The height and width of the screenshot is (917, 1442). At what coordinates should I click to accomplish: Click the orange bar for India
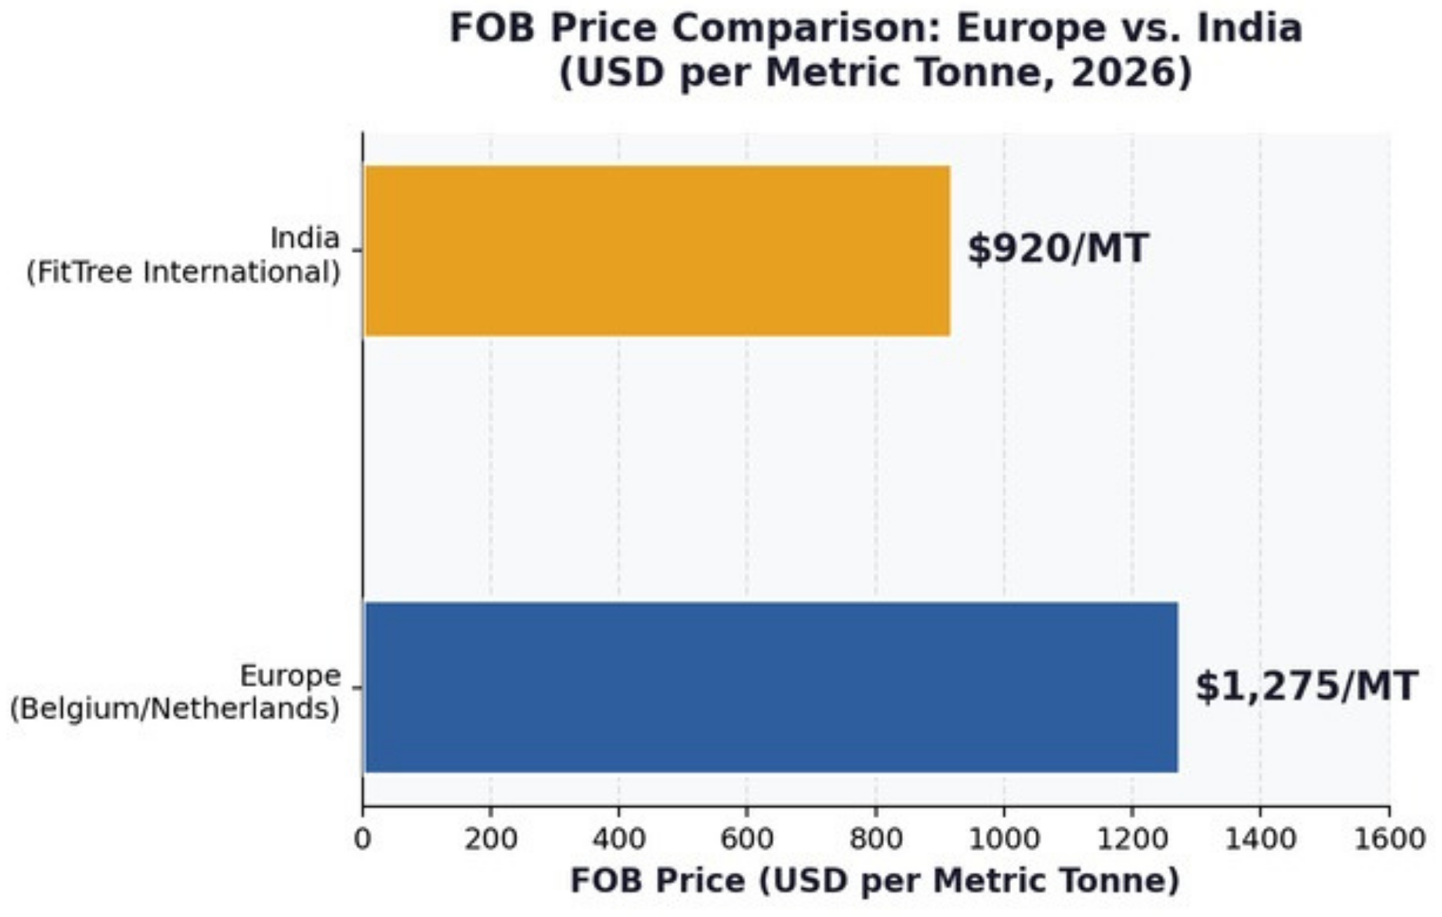[657, 251]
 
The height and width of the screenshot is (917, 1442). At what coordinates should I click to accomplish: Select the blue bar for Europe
[771, 687]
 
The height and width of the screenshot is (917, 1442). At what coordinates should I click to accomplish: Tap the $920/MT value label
[1057, 249]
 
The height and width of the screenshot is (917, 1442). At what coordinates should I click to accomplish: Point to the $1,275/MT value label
[1307, 687]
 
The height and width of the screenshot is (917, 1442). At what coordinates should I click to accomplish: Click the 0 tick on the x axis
[362, 839]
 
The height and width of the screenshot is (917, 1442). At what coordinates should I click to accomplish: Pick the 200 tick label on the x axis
[490, 839]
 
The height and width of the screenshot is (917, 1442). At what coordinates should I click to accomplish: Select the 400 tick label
[619, 839]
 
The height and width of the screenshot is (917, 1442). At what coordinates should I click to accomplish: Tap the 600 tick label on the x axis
[746, 839]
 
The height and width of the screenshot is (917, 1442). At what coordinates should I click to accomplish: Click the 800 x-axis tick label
[876, 839]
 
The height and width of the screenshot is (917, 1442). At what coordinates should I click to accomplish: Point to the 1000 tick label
[1004, 839]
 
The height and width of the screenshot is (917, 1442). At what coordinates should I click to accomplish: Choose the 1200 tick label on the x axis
[1132, 839]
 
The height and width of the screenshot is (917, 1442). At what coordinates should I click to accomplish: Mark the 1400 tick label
[1260, 839]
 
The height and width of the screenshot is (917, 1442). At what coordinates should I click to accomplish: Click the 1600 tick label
[1389, 839]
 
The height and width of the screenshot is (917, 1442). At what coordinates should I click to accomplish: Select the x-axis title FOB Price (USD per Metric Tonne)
[875, 881]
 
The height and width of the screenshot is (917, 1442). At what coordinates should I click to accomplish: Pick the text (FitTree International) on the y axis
[183, 273]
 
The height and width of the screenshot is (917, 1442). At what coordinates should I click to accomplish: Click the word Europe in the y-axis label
[290, 676]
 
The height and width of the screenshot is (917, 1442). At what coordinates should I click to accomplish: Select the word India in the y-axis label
[305, 238]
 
